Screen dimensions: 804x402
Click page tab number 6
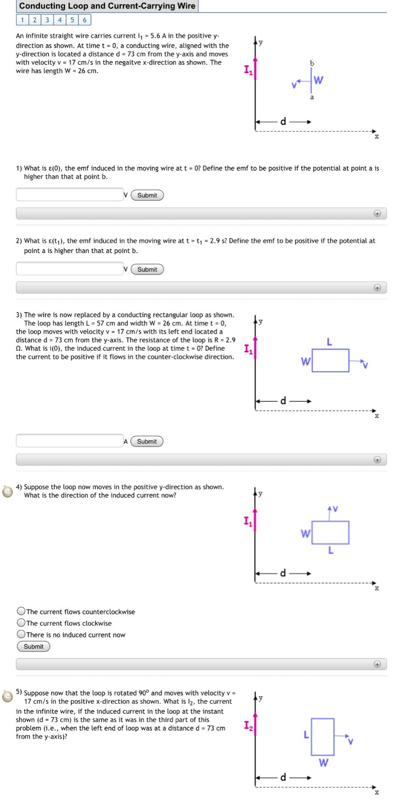pyautogui.click(x=85, y=20)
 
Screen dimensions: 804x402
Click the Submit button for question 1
pyautogui.click(x=147, y=195)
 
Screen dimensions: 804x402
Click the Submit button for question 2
pyautogui.click(x=147, y=269)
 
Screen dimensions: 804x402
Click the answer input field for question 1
pyautogui.click(x=70, y=195)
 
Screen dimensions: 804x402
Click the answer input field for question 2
pyautogui.click(x=70, y=269)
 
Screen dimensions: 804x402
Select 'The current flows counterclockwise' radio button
pyautogui.click(x=21, y=612)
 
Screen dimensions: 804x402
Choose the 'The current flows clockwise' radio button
pyautogui.click(x=21, y=623)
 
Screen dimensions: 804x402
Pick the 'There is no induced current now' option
pyautogui.click(x=21, y=635)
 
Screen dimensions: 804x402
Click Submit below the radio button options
pyautogui.click(x=33, y=647)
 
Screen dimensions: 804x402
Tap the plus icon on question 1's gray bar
pyautogui.click(x=377, y=214)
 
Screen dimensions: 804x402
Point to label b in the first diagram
pyautogui.click(x=312, y=63)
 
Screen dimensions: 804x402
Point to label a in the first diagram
pyautogui.click(x=312, y=97)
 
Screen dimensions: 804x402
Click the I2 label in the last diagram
pyautogui.click(x=248, y=726)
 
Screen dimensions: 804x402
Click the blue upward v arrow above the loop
pyautogui.click(x=330, y=513)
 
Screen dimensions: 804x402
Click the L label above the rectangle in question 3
pyautogui.click(x=329, y=342)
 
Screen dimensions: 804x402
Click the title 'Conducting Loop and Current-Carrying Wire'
pyautogui.click(x=107, y=6)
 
